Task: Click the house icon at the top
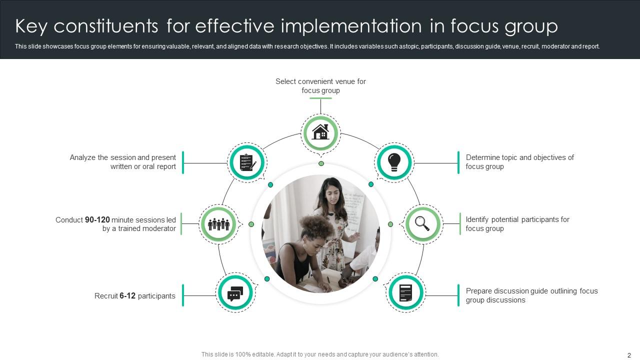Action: pyautogui.click(x=320, y=132)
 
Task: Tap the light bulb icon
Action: pyautogui.click(x=394, y=162)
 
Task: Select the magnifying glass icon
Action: pyautogui.click(x=423, y=224)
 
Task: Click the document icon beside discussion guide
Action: pyautogui.click(x=405, y=292)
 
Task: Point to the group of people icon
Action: pyautogui.click(x=218, y=224)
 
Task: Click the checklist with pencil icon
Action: pyautogui.click(x=247, y=162)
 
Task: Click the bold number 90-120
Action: pyautogui.click(x=97, y=219)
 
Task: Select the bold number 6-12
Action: pyautogui.click(x=127, y=296)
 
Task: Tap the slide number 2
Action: pyautogui.click(x=629, y=355)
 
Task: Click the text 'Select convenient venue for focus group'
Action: pyautogui.click(x=320, y=85)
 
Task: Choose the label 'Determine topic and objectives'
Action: pyautogui.click(x=519, y=157)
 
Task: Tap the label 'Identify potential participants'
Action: pyautogui.click(x=517, y=219)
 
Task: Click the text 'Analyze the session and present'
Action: pyautogui.click(x=123, y=157)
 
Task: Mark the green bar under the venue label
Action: pyautogui.click(x=320, y=98)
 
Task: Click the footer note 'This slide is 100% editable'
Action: pyautogui.click(x=320, y=354)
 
